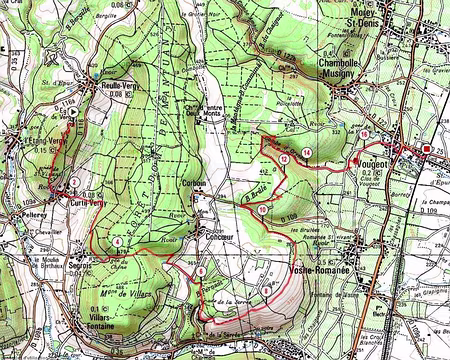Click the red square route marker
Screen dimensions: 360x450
(428, 149)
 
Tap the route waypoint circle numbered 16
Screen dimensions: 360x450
(364, 134)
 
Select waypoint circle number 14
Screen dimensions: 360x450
(307, 151)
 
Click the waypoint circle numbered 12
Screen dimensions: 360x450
(284, 159)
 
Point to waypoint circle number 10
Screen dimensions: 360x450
(261, 209)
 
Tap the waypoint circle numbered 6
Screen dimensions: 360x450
(201, 272)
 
